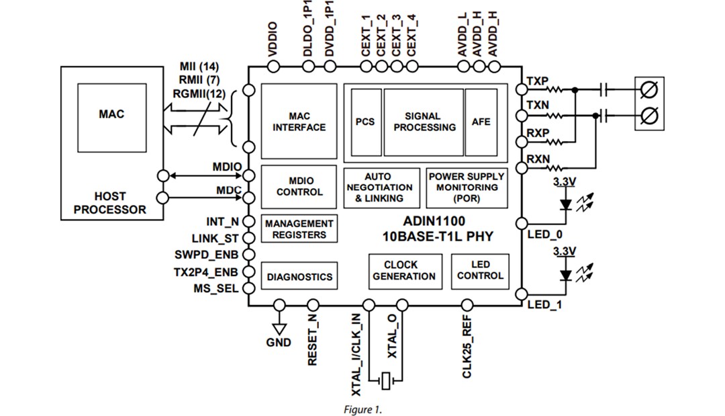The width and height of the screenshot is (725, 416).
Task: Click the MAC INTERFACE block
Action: click(x=299, y=122)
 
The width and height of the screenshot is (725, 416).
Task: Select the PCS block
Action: click(x=365, y=122)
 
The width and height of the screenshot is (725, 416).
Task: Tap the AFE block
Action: click(x=481, y=122)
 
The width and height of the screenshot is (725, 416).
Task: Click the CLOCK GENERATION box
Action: click(x=404, y=270)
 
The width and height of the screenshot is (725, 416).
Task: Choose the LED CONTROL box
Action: click(x=479, y=270)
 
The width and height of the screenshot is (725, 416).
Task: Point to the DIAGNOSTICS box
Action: click(x=299, y=276)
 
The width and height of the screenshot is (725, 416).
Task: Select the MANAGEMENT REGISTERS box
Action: click(x=299, y=229)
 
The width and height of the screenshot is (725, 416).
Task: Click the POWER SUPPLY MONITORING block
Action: click(x=466, y=188)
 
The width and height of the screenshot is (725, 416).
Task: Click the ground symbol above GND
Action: click(x=279, y=327)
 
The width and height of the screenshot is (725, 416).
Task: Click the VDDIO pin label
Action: click(x=273, y=40)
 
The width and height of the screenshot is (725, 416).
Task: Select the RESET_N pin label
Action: click(x=312, y=343)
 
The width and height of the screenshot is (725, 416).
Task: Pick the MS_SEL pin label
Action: click(x=216, y=288)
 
